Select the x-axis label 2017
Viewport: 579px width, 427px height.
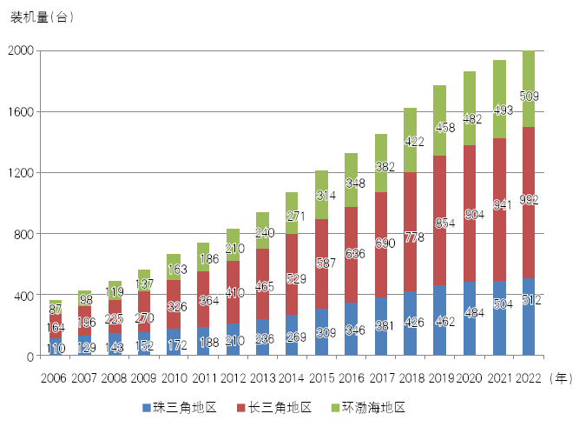380,378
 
